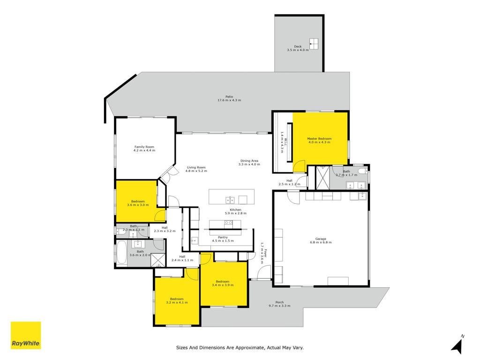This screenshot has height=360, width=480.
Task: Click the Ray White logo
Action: click(x=26, y=335)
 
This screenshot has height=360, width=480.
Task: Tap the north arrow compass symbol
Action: click(x=457, y=345)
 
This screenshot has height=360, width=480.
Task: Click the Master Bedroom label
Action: click(x=319, y=139)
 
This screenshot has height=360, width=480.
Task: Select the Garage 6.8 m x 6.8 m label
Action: click(x=321, y=240)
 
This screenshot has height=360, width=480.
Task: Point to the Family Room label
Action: click(x=144, y=147)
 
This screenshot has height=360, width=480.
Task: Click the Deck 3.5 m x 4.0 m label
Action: click(x=298, y=48)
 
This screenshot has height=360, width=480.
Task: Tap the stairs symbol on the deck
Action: click(x=314, y=44)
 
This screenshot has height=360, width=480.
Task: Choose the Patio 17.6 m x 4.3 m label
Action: click(x=229, y=98)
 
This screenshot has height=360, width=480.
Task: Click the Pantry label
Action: click(x=223, y=237)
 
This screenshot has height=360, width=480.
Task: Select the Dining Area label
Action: click(x=249, y=161)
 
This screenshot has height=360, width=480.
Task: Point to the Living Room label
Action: click(x=196, y=167)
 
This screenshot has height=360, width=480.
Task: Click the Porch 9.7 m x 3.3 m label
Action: click(x=279, y=304)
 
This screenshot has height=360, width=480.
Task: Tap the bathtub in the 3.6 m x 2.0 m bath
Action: click(x=121, y=253)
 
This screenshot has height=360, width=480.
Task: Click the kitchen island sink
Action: click(x=230, y=200)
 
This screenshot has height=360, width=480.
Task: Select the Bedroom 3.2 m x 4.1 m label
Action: click(x=177, y=300)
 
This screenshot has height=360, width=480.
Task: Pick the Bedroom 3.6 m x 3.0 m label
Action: click(x=138, y=203)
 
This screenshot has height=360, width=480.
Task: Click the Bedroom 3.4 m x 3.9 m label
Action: click(x=223, y=283)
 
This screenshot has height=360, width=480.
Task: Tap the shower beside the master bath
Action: click(x=322, y=178)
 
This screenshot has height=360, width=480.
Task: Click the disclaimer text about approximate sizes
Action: click(x=240, y=347)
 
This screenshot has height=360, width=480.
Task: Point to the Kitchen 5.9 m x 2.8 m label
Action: click(x=236, y=211)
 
